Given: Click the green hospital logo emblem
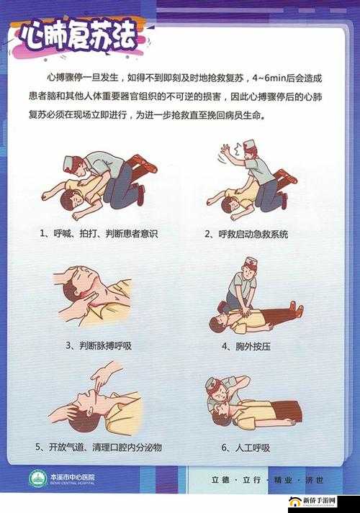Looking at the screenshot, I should coord(36,479).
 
